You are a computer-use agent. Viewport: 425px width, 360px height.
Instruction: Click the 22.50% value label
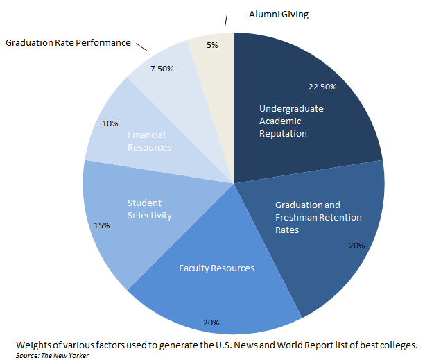322,87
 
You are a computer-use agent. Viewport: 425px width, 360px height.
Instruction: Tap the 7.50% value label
162,69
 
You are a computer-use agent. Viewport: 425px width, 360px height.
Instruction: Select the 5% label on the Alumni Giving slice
212,45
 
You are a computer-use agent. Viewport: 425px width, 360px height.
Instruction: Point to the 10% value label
110,123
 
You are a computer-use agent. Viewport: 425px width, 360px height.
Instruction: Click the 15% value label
102,225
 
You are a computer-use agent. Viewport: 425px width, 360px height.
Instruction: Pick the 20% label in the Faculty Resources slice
211,323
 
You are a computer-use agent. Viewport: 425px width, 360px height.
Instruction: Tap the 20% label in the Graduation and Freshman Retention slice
356,246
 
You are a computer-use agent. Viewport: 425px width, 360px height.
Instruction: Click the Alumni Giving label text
279,15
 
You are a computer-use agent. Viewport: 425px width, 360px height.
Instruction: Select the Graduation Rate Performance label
68,43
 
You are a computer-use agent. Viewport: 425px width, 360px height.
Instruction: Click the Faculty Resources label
216,268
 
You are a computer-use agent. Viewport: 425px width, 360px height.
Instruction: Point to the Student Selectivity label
150,209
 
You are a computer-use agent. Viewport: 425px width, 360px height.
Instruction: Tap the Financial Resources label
149,142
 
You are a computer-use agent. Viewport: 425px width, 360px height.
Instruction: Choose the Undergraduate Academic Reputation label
291,121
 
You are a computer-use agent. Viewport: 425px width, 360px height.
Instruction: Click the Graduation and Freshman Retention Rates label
318,217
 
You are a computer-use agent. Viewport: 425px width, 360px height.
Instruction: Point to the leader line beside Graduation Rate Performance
141,47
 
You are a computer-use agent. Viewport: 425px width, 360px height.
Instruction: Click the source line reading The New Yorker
52,355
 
